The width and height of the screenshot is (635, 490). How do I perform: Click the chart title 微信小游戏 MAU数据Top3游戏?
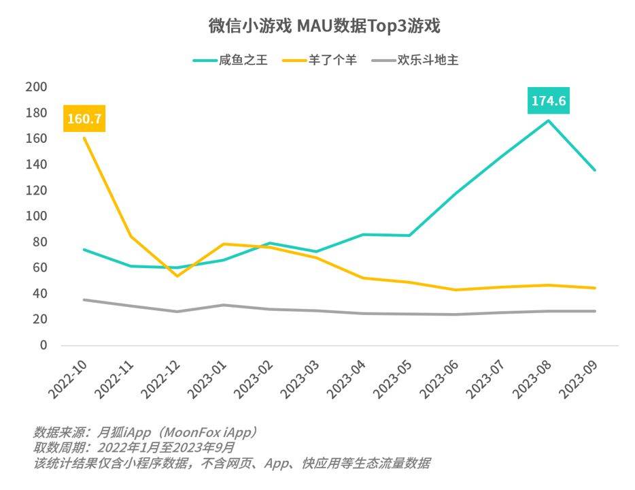tap(324, 27)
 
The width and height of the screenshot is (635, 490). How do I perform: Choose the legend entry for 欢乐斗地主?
tap(428, 60)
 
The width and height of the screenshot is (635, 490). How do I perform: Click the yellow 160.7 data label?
tap(84, 119)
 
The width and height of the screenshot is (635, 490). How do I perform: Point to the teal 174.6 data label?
tap(549, 101)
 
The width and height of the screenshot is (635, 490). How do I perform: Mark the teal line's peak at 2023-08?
tap(549, 120)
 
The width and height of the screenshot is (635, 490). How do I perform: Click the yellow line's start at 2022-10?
tap(84, 138)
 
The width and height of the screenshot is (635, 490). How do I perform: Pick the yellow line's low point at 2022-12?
tap(177, 276)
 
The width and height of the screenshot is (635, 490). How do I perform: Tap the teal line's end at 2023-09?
tap(595, 170)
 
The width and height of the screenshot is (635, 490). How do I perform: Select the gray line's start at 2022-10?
tap(84, 299)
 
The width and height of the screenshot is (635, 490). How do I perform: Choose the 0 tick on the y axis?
tap(43, 345)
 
